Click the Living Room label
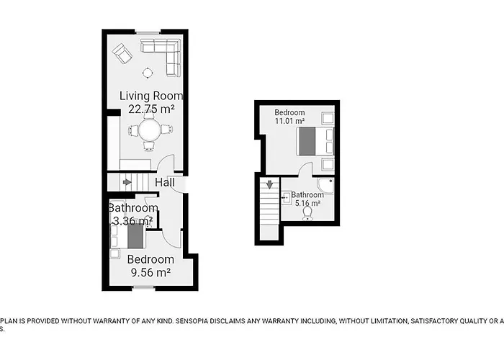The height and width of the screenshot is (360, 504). tap(151, 96)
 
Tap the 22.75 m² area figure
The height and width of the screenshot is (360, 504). tap(151, 109)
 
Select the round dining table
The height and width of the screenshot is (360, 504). tap(150, 130)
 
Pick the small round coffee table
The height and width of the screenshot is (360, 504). tap(147, 71)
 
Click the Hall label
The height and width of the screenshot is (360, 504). tap(165, 183)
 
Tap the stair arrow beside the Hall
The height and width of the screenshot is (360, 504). tap(127, 182)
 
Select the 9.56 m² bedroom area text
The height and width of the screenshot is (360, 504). tap(150, 273)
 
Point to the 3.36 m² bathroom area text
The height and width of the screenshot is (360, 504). tap(131, 222)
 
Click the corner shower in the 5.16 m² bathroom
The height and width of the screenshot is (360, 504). tap(325, 186)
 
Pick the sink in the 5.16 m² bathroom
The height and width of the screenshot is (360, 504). tap(287, 196)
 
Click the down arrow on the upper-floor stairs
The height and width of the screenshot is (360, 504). tap(269, 185)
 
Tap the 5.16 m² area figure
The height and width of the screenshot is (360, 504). tap(307, 204)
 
